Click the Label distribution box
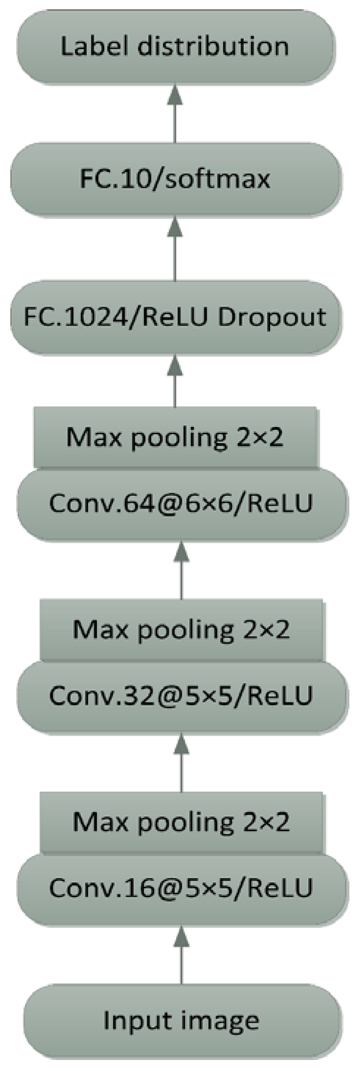(175, 47)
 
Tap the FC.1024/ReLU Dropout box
(175, 317)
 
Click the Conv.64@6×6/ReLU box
(181, 504)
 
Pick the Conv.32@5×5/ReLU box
(181, 695)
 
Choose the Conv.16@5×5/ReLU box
(181, 888)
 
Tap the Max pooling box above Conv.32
(181, 629)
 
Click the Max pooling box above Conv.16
(181, 822)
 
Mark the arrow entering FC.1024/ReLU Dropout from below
(175, 380)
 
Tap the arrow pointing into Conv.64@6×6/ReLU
(181, 570)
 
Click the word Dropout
(272, 318)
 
